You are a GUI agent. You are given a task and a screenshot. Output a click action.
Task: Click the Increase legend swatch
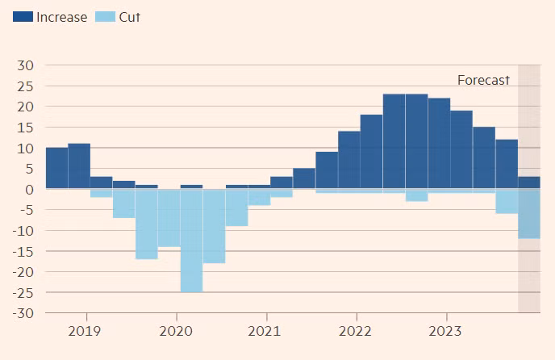23,16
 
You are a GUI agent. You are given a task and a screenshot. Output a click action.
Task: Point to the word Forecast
483,80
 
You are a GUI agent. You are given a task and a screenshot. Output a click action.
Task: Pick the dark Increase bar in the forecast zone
528,182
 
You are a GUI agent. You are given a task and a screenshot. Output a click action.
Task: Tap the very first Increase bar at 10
56,168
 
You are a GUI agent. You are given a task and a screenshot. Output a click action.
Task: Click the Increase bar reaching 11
79,166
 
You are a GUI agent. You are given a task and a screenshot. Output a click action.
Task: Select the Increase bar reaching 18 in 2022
371,152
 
